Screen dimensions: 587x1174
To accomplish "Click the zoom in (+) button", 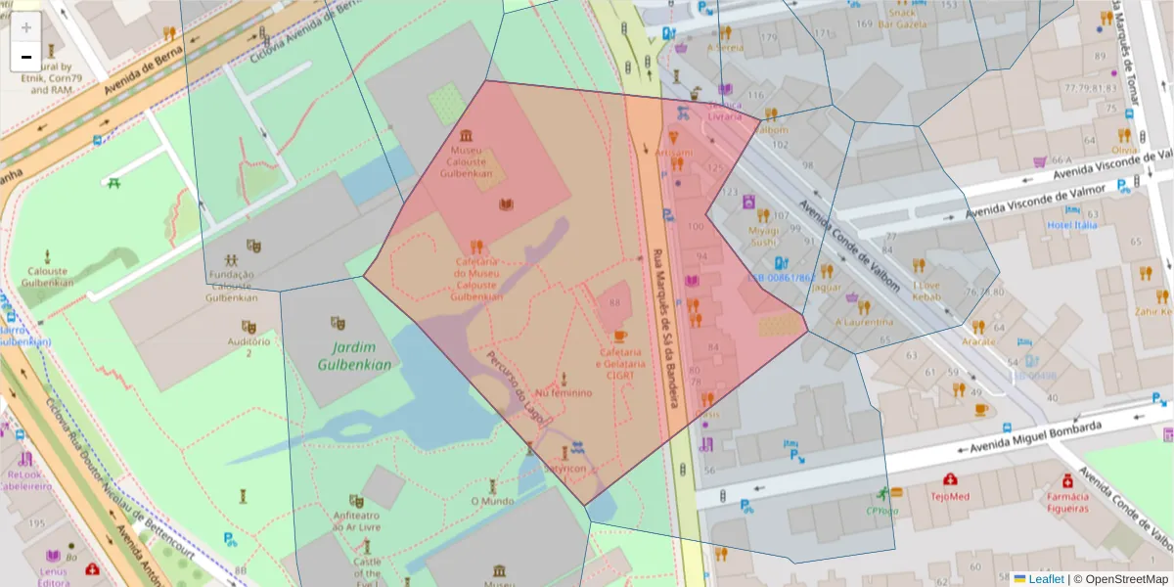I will click(26, 27).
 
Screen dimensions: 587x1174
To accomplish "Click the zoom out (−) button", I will click(26, 57).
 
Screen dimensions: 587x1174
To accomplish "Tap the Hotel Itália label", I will click(1071, 224).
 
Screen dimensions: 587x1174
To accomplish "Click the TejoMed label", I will click(950, 496).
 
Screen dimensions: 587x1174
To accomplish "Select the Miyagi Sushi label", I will click(763, 235).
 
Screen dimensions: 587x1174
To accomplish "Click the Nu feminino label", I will click(564, 392).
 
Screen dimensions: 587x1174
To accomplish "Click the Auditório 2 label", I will click(248, 346).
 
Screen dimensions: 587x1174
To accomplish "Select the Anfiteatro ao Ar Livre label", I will click(356, 521).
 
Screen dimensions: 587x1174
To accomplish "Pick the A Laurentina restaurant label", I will click(864, 321).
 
